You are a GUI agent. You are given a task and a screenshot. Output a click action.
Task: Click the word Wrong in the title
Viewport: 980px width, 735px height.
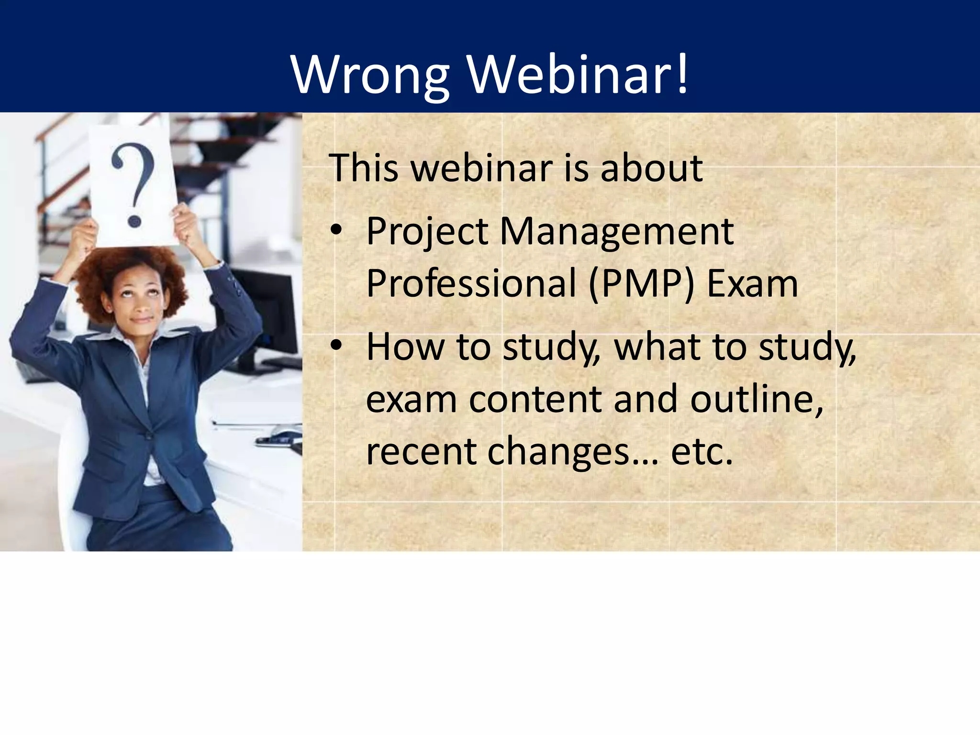point(369,76)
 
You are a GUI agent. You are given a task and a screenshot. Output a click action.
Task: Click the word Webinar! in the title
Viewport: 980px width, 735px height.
point(578,75)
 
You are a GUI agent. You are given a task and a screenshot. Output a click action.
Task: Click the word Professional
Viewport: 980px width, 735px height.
point(471,283)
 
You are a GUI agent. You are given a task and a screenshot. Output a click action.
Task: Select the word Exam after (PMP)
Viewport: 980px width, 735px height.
point(752,283)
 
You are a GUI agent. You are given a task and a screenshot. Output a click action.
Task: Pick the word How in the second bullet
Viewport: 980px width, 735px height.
point(405,346)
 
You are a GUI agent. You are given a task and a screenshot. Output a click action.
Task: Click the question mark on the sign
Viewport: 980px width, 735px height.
point(134,187)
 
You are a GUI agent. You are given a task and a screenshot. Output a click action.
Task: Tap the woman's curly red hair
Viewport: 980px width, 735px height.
point(96,282)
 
